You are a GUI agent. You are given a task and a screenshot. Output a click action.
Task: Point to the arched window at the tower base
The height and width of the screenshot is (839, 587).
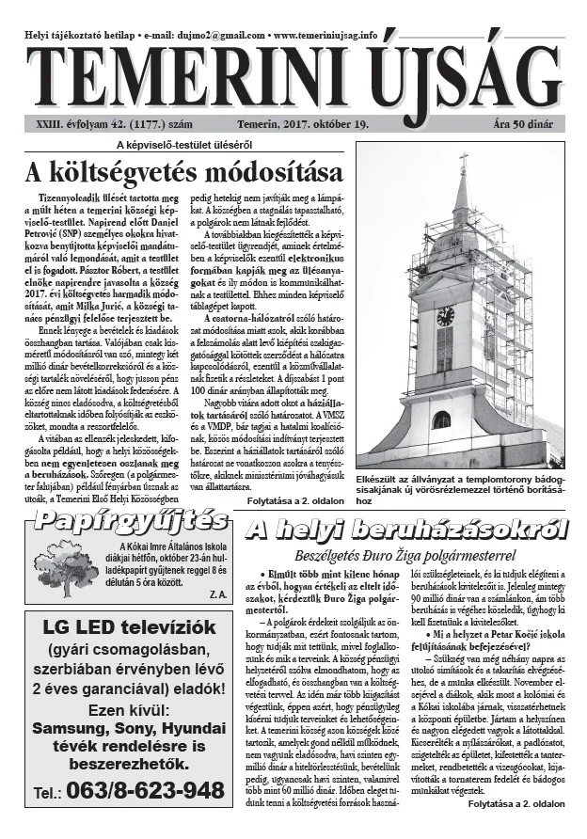440,420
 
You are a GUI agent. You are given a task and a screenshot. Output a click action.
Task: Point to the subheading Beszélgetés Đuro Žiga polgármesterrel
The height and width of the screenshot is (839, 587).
405,553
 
